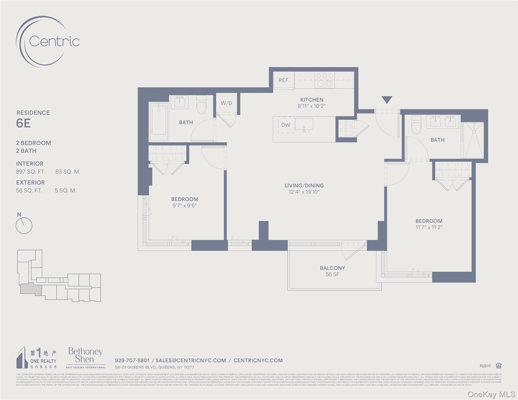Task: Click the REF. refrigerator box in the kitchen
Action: coord(284,80)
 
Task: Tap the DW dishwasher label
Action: coord(286,125)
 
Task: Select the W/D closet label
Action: coord(226,103)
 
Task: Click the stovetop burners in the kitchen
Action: coord(325,80)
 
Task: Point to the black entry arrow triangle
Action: coord(387,99)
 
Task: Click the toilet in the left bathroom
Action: coord(201,105)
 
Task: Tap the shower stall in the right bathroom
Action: coord(472,140)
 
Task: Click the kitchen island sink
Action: coord(304,124)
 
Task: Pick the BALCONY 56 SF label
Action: coord(332,271)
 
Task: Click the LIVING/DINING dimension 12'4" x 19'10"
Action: coord(304,192)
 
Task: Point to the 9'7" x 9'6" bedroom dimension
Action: coord(185,205)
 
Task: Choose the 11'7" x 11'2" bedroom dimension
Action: coord(429,227)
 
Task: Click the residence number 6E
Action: coord(23,123)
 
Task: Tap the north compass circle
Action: coord(24,226)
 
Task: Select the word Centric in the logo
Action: coord(54,41)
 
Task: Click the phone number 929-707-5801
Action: coord(132,360)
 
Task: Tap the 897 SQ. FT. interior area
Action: coord(31,172)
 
